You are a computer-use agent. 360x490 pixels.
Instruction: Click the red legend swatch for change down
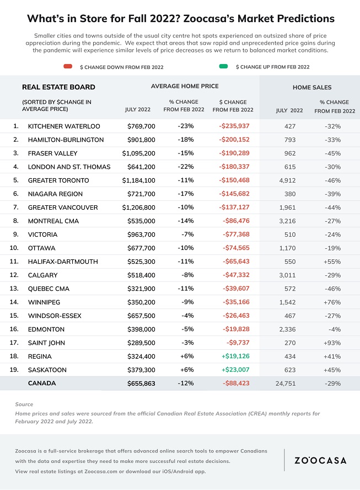(x=68, y=66)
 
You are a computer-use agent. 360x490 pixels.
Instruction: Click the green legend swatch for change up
(x=224, y=66)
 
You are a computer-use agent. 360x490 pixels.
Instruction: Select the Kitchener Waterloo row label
(x=64, y=126)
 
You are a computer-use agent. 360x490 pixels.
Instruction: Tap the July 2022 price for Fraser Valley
(x=138, y=153)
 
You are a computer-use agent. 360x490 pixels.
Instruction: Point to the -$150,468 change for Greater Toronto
(x=234, y=180)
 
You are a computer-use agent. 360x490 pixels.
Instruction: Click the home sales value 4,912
(x=287, y=180)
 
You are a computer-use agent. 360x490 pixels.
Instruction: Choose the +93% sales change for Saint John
(x=332, y=343)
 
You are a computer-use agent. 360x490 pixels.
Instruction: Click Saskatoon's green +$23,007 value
(x=235, y=370)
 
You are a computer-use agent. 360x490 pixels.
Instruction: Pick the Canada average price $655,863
(x=141, y=384)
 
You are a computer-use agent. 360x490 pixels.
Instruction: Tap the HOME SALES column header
(x=312, y=88)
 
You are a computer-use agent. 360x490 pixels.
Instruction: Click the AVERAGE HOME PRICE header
(x=185, y=86)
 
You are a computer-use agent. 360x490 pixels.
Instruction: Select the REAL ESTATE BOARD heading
(x=58, y=87)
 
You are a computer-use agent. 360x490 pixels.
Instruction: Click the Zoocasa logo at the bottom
(x=321, y=460)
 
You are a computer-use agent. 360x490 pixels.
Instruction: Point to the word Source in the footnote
(x=24, y=404)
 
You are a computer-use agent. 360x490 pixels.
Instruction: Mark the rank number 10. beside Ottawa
(x=14, y=248)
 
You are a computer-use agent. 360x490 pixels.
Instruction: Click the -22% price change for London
(x=186, y=167)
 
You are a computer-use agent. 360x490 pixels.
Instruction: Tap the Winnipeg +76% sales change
(x=332, y=302)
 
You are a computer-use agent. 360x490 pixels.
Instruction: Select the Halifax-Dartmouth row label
(x=63, y=262)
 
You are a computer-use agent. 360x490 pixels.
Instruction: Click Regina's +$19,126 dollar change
(x=235, y=356)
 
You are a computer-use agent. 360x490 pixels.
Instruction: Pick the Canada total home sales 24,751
(x=286, y=384)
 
